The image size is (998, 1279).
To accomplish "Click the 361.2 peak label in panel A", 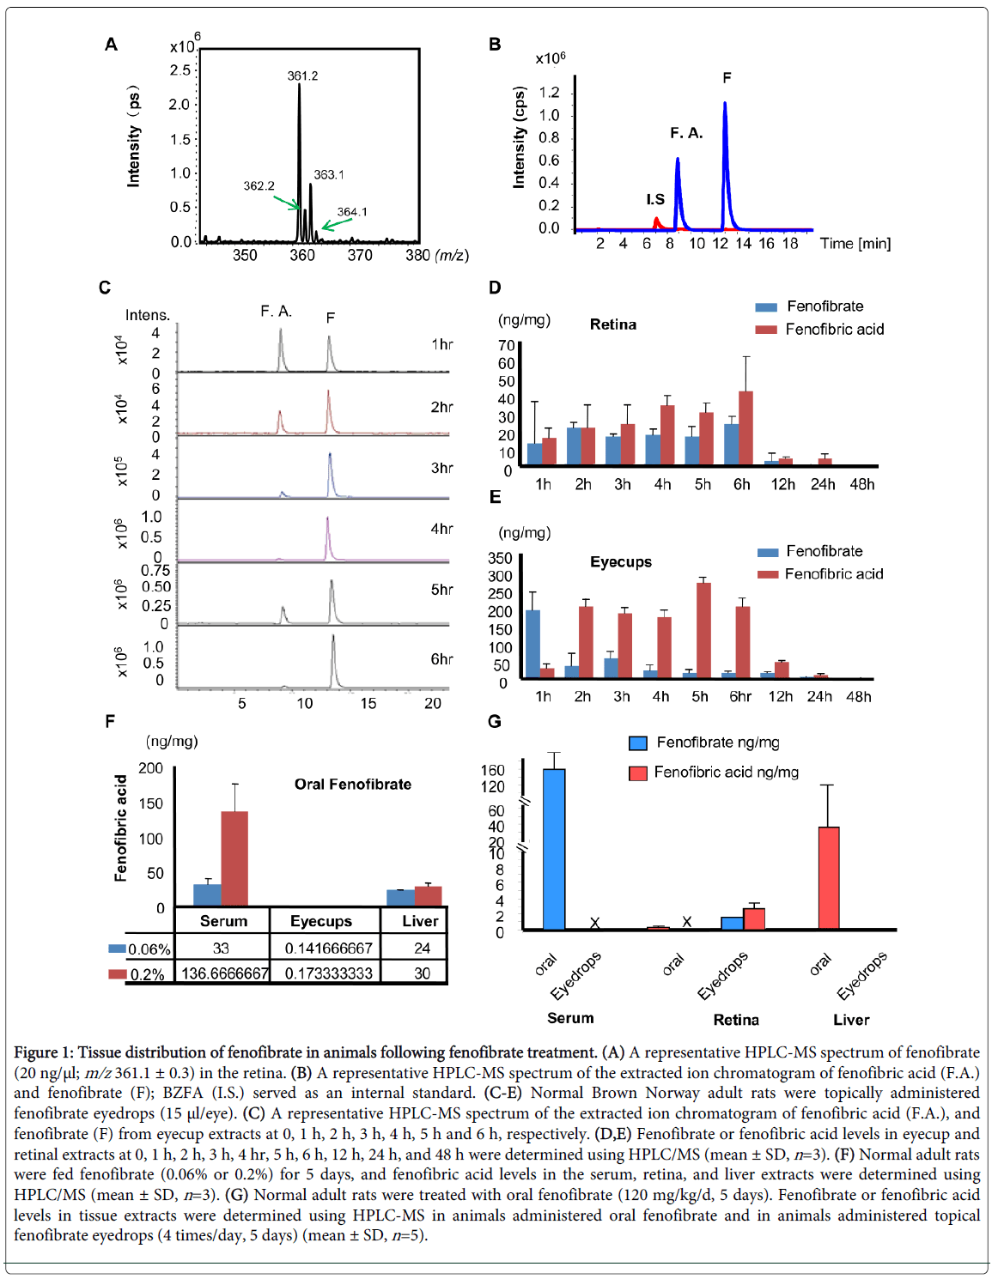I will point(302,76).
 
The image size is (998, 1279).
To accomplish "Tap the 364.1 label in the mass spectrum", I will point(351,212).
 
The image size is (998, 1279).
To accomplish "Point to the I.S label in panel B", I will point(655,199).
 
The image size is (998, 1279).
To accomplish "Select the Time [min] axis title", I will point(855,244).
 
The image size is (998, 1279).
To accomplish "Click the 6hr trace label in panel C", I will point(441,659).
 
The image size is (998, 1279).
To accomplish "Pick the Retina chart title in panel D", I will point(613,324).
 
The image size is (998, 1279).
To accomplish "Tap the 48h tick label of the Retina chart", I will point(861,484).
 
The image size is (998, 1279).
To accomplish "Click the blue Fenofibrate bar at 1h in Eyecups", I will point(532,644).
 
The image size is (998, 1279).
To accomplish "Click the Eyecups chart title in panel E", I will point(620,562).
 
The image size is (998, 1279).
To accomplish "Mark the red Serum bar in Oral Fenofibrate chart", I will point(234,858).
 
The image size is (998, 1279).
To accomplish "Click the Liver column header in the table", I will point(420,921).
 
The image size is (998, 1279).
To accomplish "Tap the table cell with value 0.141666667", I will point(329,949).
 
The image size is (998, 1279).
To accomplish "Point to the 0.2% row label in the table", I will point(147,975).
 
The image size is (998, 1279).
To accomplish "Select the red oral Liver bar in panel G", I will point(829,877).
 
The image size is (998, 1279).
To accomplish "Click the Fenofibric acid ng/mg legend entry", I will point(726,773).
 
